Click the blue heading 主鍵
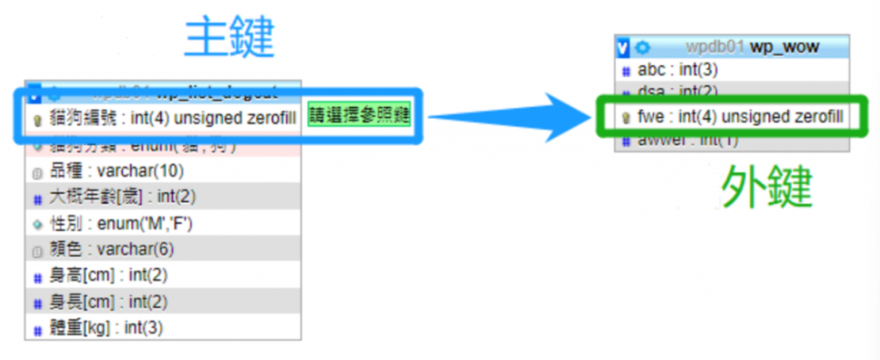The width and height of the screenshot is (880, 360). (x=229, y=37)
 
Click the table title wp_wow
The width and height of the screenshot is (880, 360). (x=784, y=46)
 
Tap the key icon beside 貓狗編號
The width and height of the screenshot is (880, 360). (x=37, y=119)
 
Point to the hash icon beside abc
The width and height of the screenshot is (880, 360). (x=626, y=70)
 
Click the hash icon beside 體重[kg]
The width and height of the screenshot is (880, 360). (x=37, y=329)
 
